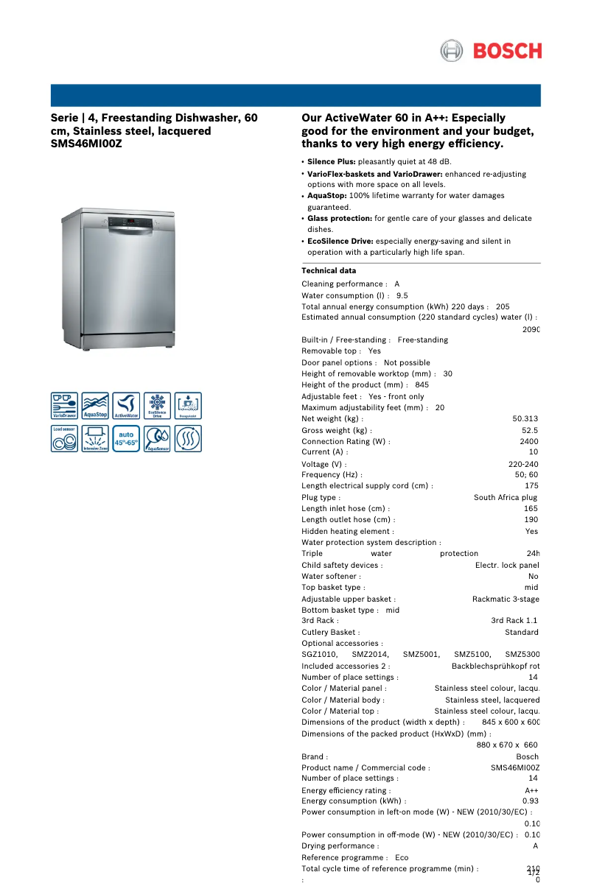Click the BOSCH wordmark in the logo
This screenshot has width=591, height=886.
tap(507, 51)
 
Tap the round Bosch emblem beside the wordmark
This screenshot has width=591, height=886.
tap(451, 51)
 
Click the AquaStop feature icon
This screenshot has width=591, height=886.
tap(95, 406)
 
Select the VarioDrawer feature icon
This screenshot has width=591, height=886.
tap(64, 406)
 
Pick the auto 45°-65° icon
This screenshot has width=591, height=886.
tap(126, 439)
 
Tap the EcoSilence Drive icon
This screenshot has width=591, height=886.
tap(157, 406)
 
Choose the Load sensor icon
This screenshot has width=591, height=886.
tap(64, 439)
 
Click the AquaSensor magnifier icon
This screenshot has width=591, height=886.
tap(157, 439)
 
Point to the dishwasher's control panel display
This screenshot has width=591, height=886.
tap(130, 222)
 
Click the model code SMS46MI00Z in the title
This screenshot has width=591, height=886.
tap(86, 144)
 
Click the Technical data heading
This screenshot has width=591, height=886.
tap(329, 271)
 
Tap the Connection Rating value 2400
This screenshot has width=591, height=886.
tap(528, 441)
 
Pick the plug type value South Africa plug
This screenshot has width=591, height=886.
tap(506, 498)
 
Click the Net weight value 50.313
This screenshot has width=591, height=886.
tap(525, 419)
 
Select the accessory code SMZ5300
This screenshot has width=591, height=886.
tap(522, 655)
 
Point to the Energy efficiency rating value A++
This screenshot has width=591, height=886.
tap(531, 791)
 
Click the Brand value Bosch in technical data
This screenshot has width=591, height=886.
tap(527, 757)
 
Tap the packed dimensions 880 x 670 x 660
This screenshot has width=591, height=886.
tap(507, 745)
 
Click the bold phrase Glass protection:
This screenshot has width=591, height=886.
tap(340, 219)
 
